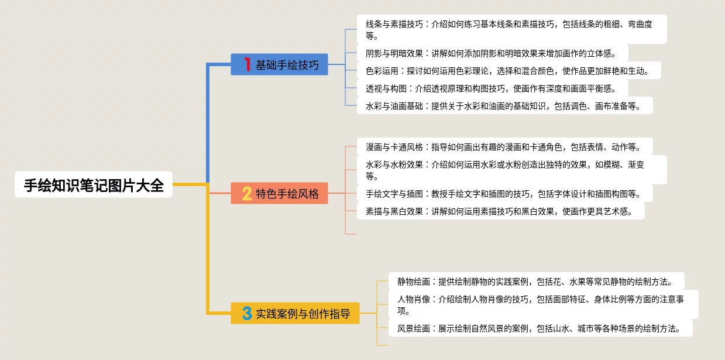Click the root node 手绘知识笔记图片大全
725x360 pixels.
coord(94,185)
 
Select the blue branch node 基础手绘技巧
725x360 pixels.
coord(279,64)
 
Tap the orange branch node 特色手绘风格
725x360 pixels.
coord(279,193)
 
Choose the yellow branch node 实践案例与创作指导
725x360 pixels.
coord(295,313)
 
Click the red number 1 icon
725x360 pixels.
coord(247,64)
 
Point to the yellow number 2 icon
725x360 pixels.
coord(247,193)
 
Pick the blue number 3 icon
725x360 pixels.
coord(247,313)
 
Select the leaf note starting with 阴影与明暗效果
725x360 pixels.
coord(492,53)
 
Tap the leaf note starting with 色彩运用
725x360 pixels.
coord(508,70)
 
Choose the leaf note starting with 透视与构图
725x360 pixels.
coord(492,88)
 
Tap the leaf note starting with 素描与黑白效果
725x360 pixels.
coord(500,211)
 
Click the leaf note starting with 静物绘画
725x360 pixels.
coord(536,281)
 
